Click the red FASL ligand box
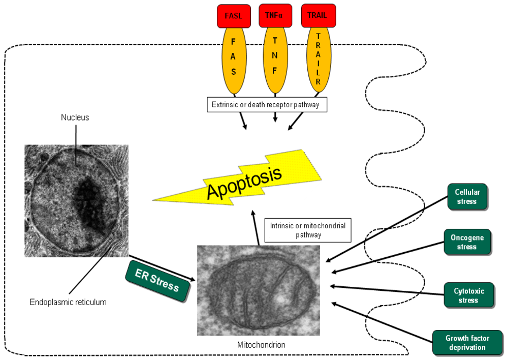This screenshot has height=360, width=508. click(x=233, y=16)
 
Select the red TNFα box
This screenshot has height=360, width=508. click(x=275, y=16)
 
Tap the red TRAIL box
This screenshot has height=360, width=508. click(x=317, y=16)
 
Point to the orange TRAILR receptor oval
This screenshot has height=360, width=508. click(x=317, y=59)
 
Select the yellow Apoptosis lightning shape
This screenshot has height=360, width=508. click(x=244, y=178)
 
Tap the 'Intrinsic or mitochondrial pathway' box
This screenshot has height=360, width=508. click(x=308, y=230)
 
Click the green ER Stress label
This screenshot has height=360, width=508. click(x=157, y=281)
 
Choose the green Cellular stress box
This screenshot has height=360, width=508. click(x=467, y=197)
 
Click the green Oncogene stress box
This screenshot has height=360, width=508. click(x=467, y=242)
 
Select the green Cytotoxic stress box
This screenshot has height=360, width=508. click(x=468, y=295)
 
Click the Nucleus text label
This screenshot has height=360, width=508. click(x=75, y=117)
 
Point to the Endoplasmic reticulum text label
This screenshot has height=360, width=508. click(x=68, y=302)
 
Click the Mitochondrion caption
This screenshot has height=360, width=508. click(x=261, y=345)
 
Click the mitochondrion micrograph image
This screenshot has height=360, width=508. click(x=259, y=290)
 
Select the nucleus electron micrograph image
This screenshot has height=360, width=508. click(x=76, y=200)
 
